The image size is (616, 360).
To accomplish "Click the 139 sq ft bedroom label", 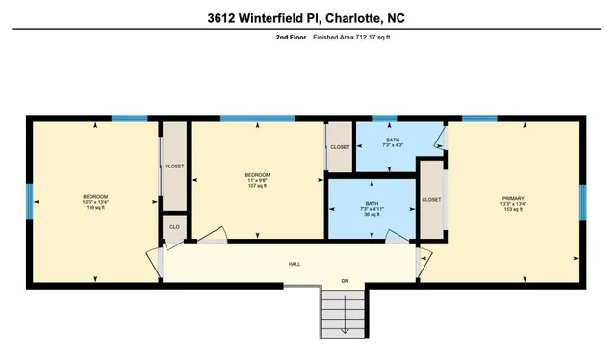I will (95, 208).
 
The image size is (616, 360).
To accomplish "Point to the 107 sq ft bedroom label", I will (256, 187).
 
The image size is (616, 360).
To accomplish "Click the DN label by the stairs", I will (345, 281).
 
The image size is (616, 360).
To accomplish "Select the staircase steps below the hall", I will (344, 312).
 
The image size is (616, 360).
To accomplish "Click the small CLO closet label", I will (174, 227).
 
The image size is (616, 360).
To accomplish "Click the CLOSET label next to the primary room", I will (431, 199).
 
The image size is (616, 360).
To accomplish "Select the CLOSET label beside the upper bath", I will (340, 147).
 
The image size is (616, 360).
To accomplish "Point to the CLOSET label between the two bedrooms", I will (174, 167).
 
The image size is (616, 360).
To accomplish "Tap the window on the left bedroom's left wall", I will (28, 201).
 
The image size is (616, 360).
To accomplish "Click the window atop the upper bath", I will (384, 118).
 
